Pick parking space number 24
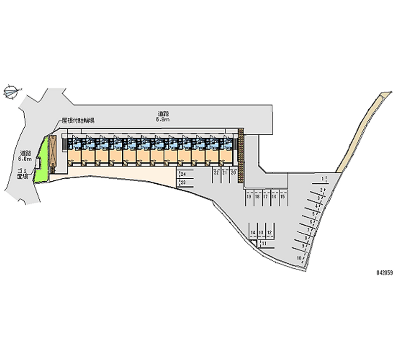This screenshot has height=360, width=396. (x=183, y=174)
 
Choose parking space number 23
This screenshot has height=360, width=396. (x=183, y=183)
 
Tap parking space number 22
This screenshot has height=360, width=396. (x=216, y=172)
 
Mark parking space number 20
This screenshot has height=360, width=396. (x=233, y=172)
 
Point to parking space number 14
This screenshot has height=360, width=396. (x=253, y=232)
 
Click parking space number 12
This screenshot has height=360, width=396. (x=269, y=232)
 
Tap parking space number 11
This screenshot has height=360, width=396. (x=264, y=243)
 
